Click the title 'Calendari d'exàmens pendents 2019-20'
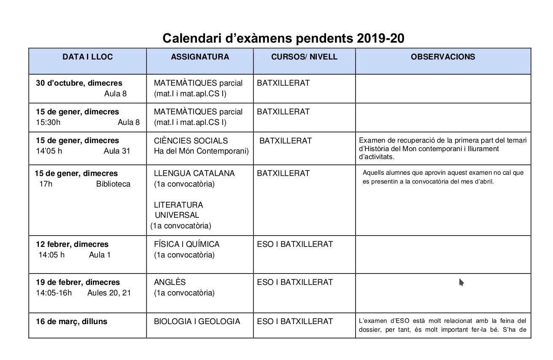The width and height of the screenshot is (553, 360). pos(283,38)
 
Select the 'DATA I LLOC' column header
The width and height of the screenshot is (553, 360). pos(88,57)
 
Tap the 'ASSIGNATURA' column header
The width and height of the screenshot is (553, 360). pos(200,57)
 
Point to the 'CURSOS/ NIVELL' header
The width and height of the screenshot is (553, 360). pos(304,57)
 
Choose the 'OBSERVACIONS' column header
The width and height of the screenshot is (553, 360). pos(443,57)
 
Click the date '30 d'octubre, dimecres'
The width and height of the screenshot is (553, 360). pos(79,83)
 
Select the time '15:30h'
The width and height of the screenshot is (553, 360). pos(48,122)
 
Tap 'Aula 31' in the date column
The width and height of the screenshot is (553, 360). pos(117,151)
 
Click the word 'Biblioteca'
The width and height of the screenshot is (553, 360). pos(113,184)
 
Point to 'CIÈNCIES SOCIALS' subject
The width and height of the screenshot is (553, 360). pos(191,141)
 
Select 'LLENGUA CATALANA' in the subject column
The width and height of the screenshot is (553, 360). pos(194,173)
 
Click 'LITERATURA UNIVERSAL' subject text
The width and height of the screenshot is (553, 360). pos(178,210)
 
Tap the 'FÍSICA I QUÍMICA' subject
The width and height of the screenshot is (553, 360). pos(186,244)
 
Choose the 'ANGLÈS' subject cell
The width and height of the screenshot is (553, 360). pos(170,282)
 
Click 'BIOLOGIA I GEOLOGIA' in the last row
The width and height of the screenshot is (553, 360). pos(197,322)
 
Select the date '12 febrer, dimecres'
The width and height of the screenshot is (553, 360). pos(72,244)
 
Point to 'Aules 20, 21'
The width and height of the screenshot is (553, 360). pos(109,293)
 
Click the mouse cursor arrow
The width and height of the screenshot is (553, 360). pos(461,282)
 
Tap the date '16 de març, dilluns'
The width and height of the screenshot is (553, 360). pos(71,322)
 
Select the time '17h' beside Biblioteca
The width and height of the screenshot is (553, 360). pos(46,184)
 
